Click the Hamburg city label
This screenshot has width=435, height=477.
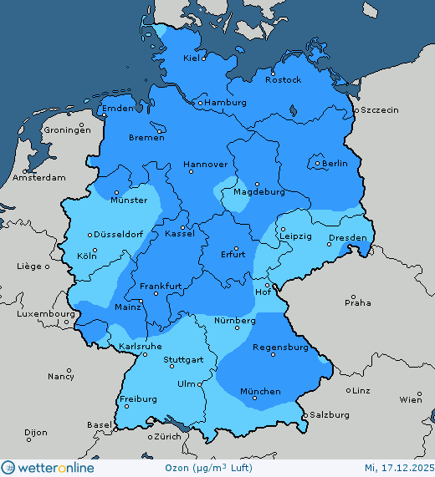(226, 103)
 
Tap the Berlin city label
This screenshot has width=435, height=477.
(335, 164)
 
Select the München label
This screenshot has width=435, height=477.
(260, 391)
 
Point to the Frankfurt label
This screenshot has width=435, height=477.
(161, 287)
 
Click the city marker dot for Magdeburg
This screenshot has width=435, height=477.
(258, 184)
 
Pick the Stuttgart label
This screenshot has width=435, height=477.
(183, 361)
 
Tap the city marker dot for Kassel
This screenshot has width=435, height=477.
(182, 226)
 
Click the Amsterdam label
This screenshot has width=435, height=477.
(39, 178)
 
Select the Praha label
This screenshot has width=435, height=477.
(357, 302)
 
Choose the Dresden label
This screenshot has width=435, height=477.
(347, 238)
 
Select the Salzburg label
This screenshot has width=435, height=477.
(329, 414)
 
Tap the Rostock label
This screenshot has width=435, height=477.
(283, 79)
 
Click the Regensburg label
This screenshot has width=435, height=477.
(281, 348)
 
